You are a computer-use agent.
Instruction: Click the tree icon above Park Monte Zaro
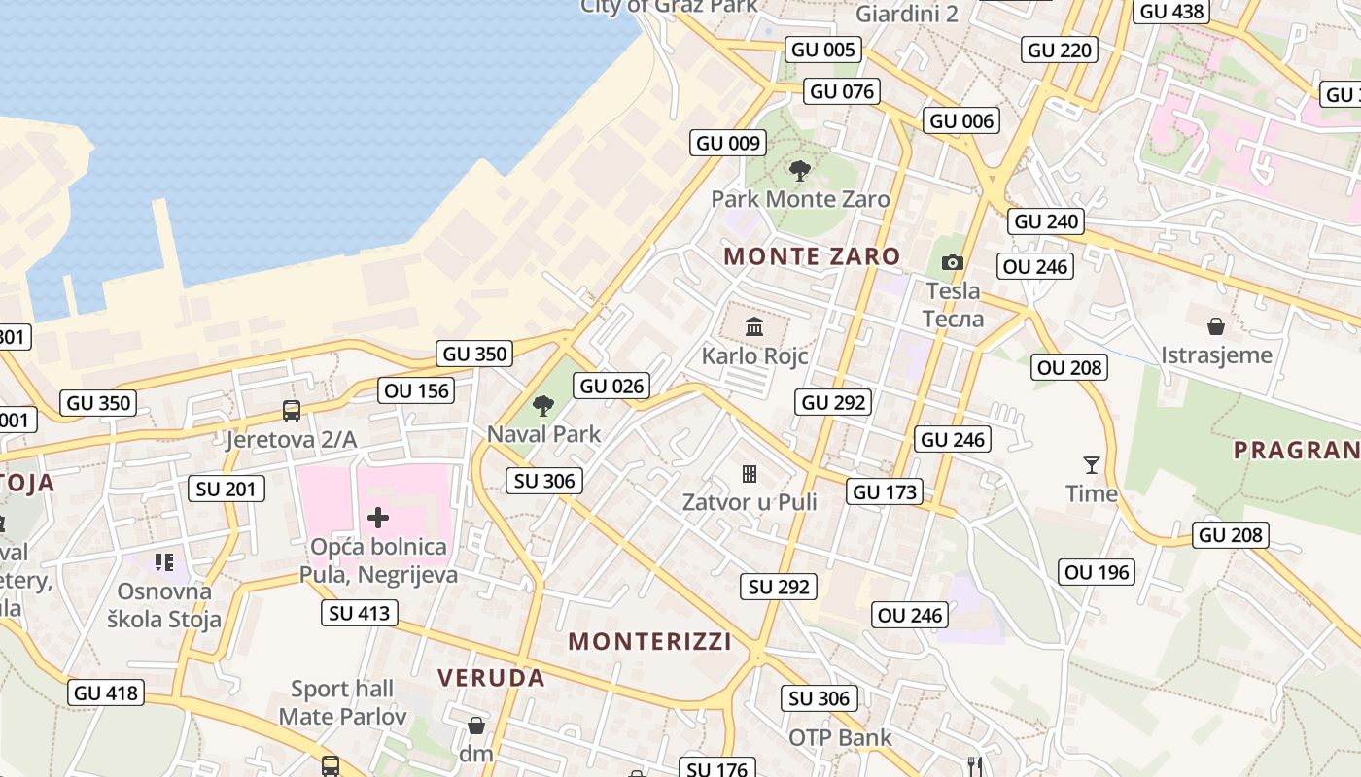coord(800,171)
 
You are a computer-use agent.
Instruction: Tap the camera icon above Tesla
coord(953,262)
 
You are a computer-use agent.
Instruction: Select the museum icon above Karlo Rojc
coord(754,326)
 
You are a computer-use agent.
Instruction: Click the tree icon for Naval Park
coord(543,405)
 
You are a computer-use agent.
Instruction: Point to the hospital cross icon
coord(378,518)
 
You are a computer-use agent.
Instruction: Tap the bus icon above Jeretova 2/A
coord(291,410)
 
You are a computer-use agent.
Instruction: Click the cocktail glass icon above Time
coord(1092,465)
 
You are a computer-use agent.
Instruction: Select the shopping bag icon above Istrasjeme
coord(1216,325)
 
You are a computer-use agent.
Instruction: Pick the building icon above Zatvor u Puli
coord(750,474)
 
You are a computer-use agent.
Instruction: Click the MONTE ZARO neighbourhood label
coord(813,256)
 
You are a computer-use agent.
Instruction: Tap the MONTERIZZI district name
coord(649,641)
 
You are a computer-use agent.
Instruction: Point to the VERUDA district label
coord(491,678)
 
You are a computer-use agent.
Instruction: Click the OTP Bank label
coord(840,738)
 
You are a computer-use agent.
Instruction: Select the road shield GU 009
coord(728,144)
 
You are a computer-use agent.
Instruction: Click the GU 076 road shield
coord(843,92)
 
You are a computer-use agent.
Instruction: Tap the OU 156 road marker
coord(417,390)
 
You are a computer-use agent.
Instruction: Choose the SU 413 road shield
coord(360,613)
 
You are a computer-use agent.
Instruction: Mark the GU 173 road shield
coord(885,491)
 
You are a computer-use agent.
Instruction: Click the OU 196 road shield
coord(1098,572)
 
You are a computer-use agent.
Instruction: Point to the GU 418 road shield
coord(107,693)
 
